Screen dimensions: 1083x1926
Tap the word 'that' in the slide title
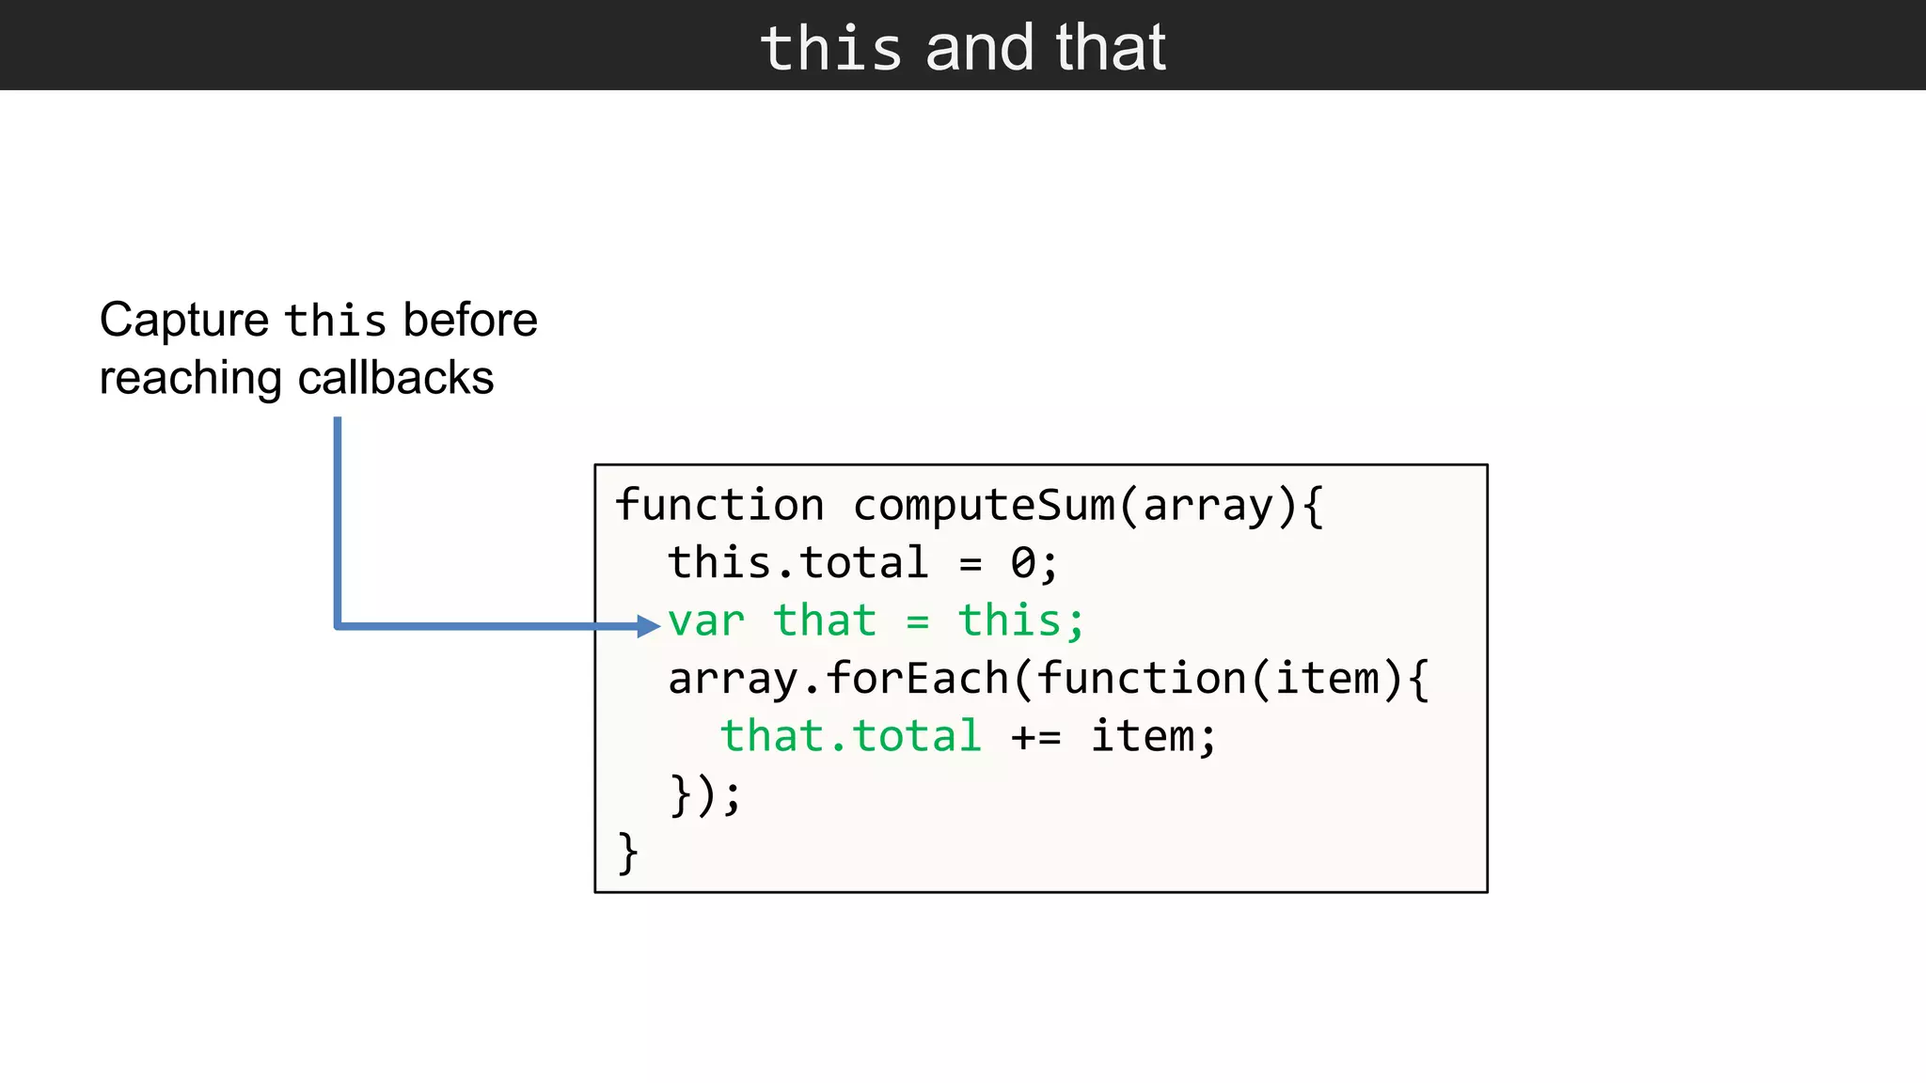tap(1111, 48)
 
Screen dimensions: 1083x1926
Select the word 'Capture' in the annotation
tap(184, 320)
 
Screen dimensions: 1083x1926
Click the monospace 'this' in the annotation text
tap(336, 322)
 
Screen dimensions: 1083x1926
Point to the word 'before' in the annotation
tap(470, 320)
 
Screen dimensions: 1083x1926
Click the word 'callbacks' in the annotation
tap(395, 378)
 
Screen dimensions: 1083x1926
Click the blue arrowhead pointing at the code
tap(648, 625)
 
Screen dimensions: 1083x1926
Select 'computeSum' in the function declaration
tap(984, 505)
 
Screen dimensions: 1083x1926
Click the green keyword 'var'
tap(706, 621)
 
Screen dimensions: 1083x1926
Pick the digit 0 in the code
tap(1023, 563)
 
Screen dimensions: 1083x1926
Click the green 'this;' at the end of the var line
tap(1021, 620)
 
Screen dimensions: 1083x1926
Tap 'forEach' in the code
tap(918, 679)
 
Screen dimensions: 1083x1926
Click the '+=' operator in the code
tap(1036, 737)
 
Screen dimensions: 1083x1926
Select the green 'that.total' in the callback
tap(851, 736)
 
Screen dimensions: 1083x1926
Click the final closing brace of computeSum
tap(627, 853)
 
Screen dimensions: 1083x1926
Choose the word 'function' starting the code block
tap(719, 505)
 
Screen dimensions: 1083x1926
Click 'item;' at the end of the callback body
tap(1153, 736)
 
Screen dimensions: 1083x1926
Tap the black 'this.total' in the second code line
tap(797, 563)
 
